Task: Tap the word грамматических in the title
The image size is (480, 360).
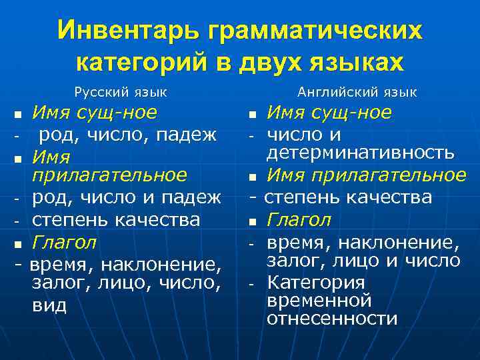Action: [316, 31]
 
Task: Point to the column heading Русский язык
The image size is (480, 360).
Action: [121, 92]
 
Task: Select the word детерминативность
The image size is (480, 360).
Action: [361, 153]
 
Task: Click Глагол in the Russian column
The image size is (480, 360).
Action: [65, 241]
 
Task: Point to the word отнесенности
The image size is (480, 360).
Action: [331, 319]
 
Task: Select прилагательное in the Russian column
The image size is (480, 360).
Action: [109, 175]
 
